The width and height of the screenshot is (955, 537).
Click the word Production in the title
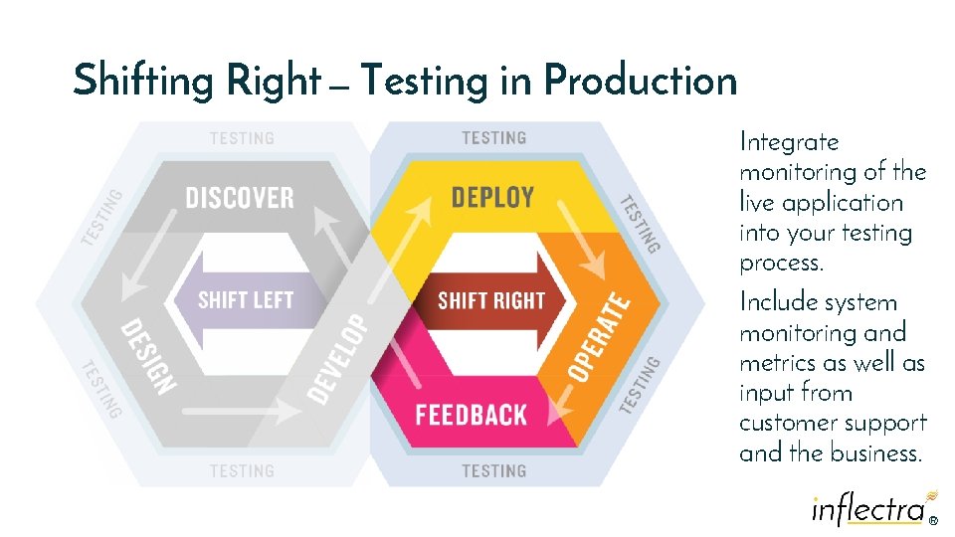(641, 81)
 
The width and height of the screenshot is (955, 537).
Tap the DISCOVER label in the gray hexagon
(240, 197)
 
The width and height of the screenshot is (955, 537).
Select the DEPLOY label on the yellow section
(492, 197)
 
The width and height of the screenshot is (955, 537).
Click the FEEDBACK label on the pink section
(472, 414)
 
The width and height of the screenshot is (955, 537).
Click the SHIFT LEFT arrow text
(246, 299)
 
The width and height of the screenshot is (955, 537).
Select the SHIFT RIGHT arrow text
(491, 299)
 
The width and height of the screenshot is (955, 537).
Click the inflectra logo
(869, 508)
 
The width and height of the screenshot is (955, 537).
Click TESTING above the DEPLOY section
(494, 138)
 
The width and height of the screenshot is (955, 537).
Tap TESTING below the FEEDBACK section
(494, 470)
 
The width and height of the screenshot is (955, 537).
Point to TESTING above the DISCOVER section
(242, 138)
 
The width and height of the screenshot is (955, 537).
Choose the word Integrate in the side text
(789, 143)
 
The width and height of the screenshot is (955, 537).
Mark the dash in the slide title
(339, 89)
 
